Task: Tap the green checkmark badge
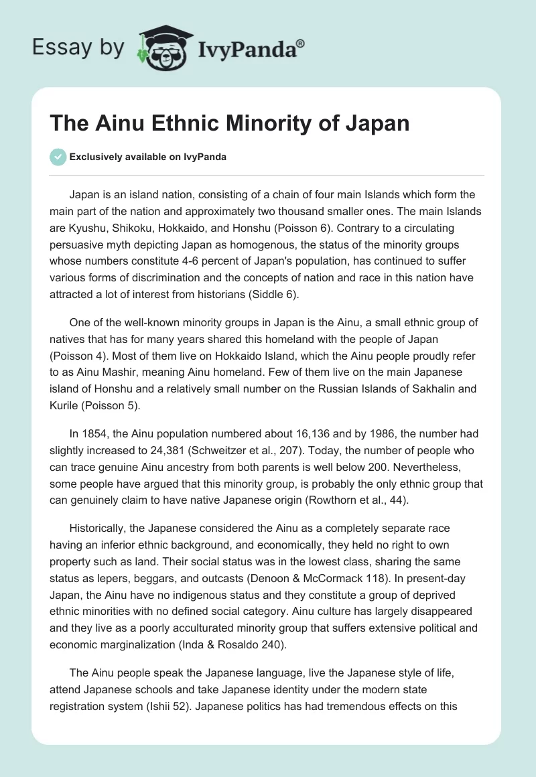(x=58, y=157)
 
